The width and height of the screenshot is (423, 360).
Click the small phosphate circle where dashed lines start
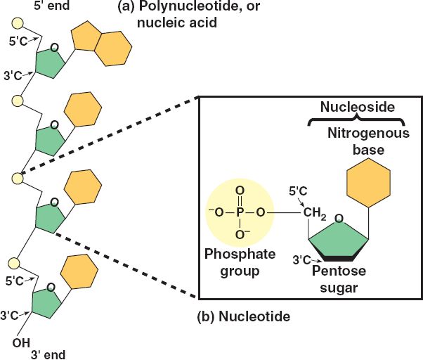click(16, 179)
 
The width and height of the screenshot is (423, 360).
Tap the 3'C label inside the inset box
click(302, 262)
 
